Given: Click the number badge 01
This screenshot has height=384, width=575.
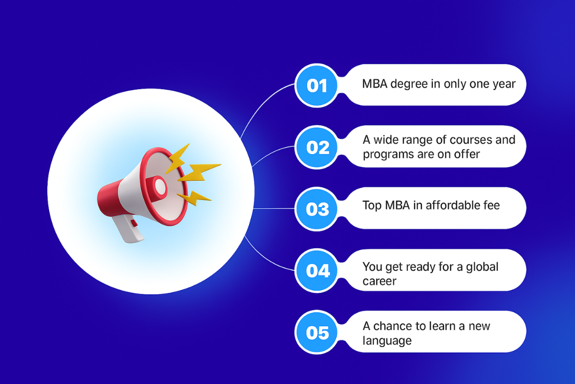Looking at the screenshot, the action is tap(316, 86).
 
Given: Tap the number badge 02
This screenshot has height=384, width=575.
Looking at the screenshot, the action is tap(316, 147).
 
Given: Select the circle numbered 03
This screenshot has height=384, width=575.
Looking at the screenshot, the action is tap(316, 209).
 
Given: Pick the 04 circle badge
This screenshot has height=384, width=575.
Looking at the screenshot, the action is tap(316, 270).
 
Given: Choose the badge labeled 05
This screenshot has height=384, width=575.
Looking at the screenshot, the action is tap(316, 332).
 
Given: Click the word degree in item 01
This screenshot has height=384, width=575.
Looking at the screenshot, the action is tap(409, 84).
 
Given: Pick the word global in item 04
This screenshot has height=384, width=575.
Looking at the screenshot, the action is tap(482, 267).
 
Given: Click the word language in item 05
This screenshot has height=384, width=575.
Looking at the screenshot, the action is tap(387, 341).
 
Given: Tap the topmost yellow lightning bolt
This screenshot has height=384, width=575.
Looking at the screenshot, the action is tap(177, 158).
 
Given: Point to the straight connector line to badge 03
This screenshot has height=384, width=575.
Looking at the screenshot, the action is tap(274, 208).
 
